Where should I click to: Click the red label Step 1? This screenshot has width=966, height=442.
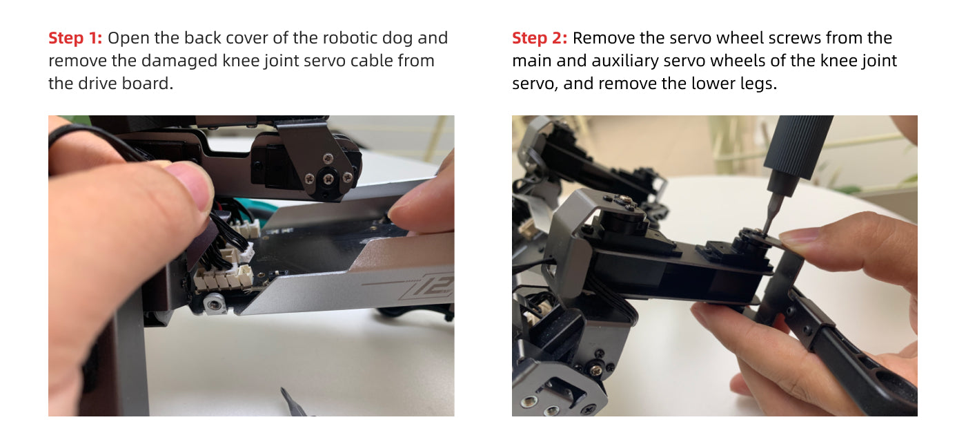pos(75,38)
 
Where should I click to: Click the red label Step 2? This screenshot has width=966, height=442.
pos(540,38)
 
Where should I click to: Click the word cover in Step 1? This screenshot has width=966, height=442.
pos(246,38)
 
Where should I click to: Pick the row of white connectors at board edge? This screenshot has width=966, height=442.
pos(224,278)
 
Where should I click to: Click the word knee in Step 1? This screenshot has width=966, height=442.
pos(241,61)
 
